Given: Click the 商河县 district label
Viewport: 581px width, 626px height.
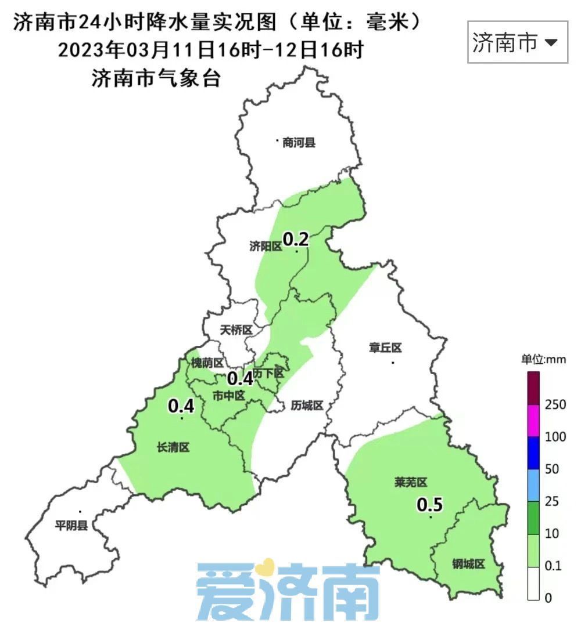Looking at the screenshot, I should (299, 143).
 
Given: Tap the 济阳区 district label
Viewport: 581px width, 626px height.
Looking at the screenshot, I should (266, 247).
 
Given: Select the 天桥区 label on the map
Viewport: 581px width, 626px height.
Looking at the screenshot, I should (236, 330).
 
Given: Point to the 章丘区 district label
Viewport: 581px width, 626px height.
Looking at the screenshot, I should (385, 348).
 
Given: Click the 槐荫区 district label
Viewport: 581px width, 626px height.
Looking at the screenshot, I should (207, 363).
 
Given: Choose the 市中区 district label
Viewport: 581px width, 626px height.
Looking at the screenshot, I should (228, 396).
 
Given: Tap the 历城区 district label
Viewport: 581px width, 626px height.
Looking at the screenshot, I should (307, 406).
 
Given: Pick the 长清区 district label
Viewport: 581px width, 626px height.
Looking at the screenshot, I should (173, 447).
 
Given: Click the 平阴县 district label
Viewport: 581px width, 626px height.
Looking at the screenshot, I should (71, 526).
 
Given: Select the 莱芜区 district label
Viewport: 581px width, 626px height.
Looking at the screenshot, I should (411, 482).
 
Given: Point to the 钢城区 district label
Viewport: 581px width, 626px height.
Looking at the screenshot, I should (468, 563).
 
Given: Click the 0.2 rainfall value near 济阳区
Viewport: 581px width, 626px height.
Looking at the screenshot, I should (295, 238).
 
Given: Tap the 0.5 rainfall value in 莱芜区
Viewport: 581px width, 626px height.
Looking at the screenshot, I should (430, 505).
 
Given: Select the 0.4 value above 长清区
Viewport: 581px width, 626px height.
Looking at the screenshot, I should (181, 406).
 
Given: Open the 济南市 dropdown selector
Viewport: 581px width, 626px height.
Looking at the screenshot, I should (517, 42).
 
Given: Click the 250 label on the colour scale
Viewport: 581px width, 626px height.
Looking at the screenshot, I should (556, 404).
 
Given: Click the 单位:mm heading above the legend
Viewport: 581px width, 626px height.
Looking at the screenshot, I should (543, 359).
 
